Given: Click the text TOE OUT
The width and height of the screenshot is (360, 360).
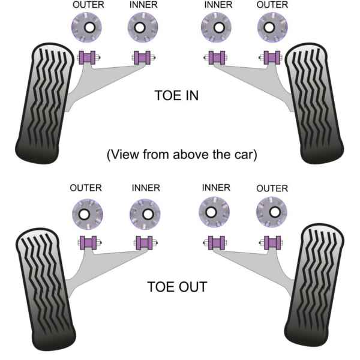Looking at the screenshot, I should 177,287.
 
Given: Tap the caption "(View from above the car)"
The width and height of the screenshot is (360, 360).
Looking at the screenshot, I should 182,154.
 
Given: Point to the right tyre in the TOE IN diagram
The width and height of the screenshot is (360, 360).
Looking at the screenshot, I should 314,103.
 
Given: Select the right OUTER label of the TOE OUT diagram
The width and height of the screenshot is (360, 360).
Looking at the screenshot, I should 272,188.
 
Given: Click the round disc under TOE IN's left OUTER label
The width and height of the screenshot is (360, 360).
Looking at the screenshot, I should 88,28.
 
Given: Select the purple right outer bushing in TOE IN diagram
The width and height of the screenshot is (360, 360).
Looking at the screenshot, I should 272,58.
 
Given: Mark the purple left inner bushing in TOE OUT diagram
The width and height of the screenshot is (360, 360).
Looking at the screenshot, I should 144,243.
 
